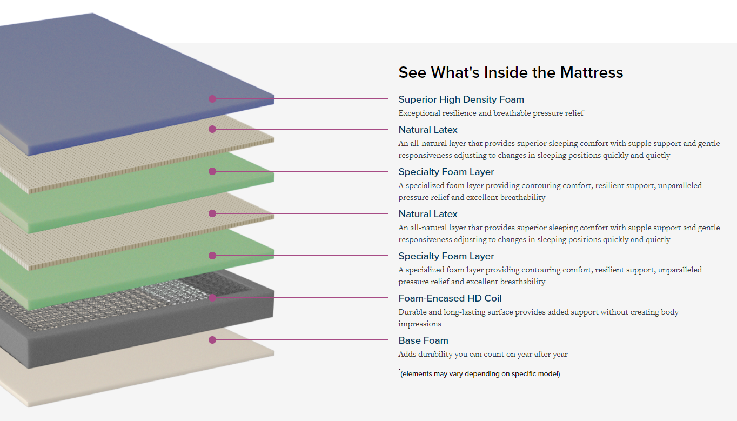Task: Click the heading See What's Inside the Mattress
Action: point(511,72)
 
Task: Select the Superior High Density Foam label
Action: point(461,99)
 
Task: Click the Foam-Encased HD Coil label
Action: point(450,298)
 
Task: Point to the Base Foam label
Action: point(423,340)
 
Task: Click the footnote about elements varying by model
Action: point(480,374)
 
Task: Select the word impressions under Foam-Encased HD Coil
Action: point(420,324)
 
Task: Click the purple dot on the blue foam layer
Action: point(212,99)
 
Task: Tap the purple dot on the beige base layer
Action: point(212,340)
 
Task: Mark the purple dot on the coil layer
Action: point(212,298)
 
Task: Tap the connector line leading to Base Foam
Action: point(303,340)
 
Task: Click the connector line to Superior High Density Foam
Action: point(303,99)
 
